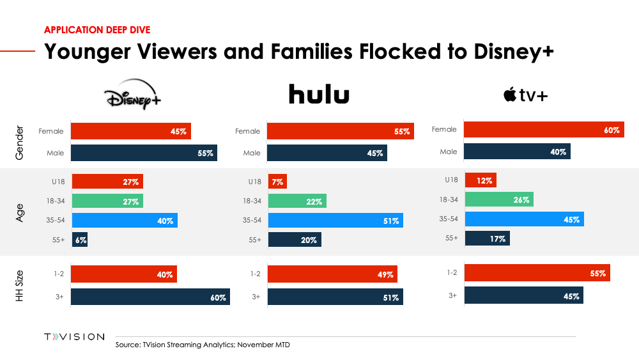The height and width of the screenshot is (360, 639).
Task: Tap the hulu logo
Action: coord(319,95)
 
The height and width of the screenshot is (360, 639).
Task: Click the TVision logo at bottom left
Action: coord(73,337)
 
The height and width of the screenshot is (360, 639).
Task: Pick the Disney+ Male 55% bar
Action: coord(144,153)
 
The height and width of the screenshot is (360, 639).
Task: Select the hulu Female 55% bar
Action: coord(340,131)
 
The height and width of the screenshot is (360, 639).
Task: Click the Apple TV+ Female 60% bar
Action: coord(543,130)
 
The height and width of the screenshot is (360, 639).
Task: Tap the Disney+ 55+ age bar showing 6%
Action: coord(79,240)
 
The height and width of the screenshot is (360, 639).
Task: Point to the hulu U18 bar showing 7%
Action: coord(277,182)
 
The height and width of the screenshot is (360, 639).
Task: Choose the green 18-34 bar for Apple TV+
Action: coord(498,200)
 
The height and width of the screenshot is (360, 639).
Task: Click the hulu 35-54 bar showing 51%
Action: coord(335,221)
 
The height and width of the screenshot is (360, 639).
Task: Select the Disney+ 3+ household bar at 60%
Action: coord(150,297)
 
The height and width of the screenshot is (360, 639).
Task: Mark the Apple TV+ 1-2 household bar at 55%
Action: coord(537,273)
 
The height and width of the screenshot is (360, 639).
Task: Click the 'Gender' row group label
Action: coord(19,142)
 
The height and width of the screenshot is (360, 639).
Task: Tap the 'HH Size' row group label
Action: coord(19,285)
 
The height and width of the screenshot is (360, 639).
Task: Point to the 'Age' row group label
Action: coord(19,211)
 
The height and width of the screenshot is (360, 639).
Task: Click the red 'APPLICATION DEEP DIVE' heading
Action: coord(97,29)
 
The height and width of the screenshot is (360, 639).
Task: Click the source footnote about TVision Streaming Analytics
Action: coord(203,345)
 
